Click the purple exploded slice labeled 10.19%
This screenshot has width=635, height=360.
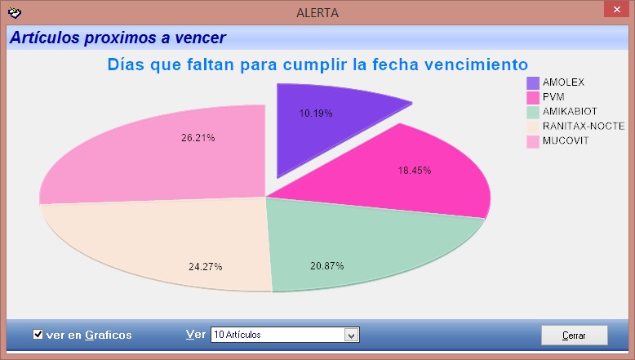[320, 122]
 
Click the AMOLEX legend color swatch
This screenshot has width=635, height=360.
[533, 83]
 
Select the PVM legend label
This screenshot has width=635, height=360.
[553, 97]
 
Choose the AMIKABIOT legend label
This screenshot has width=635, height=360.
[570, 111]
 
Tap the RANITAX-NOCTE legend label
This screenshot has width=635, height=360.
[584, 126]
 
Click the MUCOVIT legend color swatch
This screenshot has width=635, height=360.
[533, 142]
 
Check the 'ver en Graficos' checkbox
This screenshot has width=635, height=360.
[38, 335]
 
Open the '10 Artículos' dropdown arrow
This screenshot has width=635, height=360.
[352, 335]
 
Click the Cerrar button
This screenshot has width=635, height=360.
[575, 336]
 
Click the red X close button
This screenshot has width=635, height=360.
[616, 9]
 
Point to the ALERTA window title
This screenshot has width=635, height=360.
[317, 13]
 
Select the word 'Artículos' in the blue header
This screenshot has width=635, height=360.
[45, 38]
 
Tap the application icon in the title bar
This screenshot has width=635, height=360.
[15, 12]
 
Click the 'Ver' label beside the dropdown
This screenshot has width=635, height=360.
[196, 335]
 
